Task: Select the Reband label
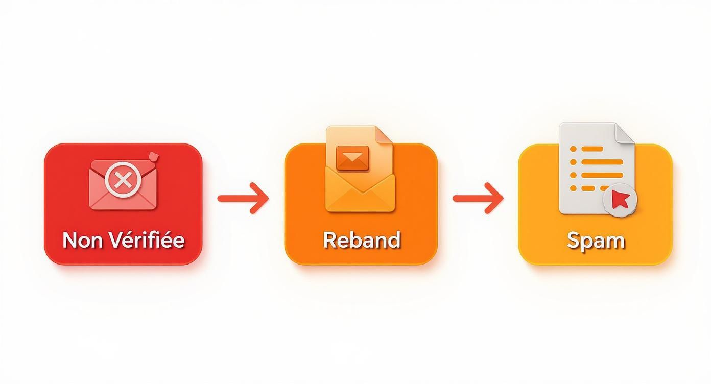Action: pos(362,239)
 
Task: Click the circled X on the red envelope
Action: pos(123,180)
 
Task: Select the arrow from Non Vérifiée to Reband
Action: pos(243,198)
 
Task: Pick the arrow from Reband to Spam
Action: pos(478,198)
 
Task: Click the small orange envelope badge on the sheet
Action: pos(352,158)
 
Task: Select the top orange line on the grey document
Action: pos(592,149)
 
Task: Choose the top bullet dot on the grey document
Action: pos(573,149)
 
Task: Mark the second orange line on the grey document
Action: pos(602,162)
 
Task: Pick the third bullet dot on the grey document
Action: pos(573,175)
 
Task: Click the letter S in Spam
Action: pos(574,240)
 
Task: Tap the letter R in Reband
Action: pos(330,240)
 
